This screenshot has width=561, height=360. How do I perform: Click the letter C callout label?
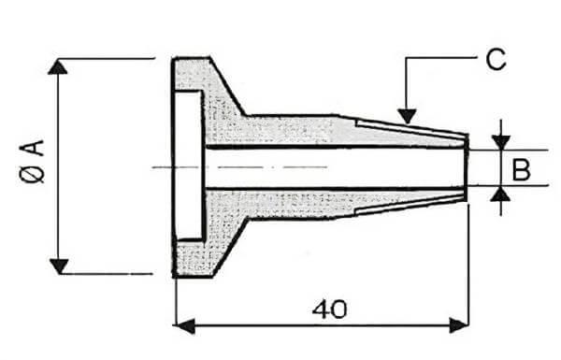pos(496,61)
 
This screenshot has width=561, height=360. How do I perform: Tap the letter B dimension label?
pos(522,168)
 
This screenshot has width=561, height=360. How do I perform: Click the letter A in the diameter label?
pos(35,147)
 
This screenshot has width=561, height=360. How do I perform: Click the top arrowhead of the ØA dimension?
pos(59,67)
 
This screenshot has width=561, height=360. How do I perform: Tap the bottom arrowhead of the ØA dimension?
pos(59,266)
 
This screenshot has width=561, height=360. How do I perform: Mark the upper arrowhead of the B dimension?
pos(501,141)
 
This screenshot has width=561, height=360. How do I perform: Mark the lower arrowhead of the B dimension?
pos(501,194)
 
